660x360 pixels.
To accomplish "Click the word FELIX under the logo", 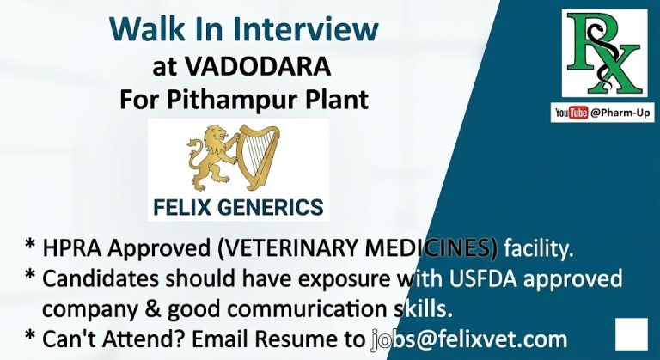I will (x=188, y=207).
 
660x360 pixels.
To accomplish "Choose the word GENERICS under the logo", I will (x=275, y=207).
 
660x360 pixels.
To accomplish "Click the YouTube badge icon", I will (x=571, y=113).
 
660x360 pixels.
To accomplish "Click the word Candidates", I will (x=102, y=279).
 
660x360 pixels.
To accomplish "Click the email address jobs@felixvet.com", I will (x=469, y=339).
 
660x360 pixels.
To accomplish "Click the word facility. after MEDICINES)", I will (x=538, y=249).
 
